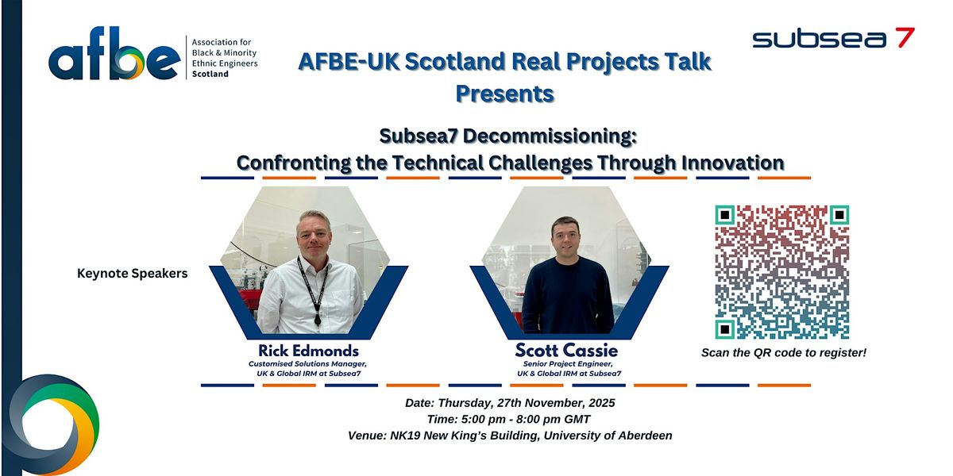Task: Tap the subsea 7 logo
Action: [833, 37]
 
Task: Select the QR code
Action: [782, 272]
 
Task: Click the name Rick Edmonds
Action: [308, 351]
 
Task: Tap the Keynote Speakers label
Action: [133, 274]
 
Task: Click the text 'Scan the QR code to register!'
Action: [783, 352]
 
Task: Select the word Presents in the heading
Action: [504, 94]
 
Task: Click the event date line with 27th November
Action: [510, 403]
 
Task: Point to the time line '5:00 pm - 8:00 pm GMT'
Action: [509, 419]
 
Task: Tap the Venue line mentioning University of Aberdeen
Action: [510, 436]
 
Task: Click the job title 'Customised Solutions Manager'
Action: [308, 364]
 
